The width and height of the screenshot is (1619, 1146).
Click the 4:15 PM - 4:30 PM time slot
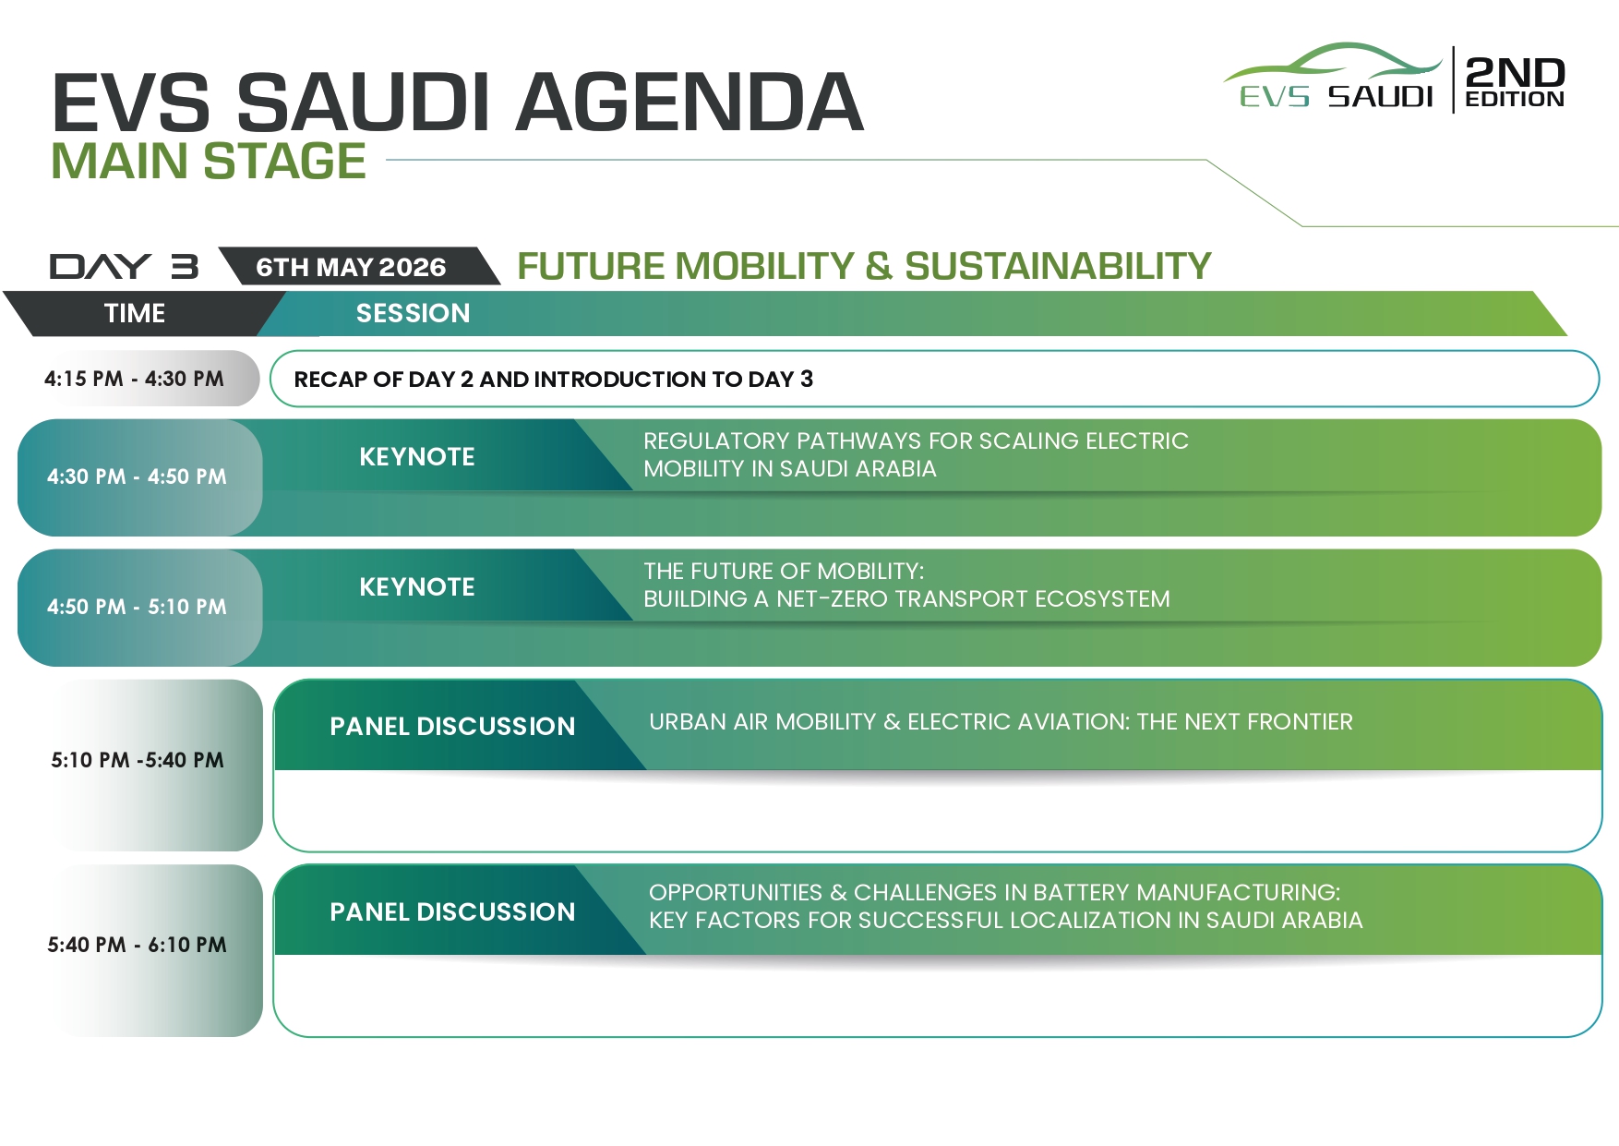134,379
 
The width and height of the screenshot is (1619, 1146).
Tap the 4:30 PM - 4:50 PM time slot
137,476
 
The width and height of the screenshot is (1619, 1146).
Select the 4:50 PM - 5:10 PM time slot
137,607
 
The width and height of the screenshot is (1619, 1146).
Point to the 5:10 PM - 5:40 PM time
138,760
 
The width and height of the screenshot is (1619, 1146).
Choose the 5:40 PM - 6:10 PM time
137,945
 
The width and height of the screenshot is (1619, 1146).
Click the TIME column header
135,313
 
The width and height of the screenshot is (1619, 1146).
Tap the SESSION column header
413,313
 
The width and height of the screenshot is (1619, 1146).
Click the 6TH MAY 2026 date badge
351,267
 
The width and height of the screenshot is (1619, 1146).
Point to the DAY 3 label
124,266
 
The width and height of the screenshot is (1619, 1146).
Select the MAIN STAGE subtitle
209,161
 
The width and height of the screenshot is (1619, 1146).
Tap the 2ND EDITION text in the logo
1515,81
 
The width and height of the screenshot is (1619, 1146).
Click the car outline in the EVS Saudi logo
1333,63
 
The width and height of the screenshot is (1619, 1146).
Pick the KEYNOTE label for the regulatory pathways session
417,456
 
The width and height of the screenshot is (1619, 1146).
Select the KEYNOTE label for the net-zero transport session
417,586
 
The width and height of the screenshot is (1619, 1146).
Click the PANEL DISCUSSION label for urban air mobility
452,726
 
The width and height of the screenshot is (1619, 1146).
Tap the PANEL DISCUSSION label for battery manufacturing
452,911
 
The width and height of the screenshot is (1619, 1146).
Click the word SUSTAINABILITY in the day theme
1058,266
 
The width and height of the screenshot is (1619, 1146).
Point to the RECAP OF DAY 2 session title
554,379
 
